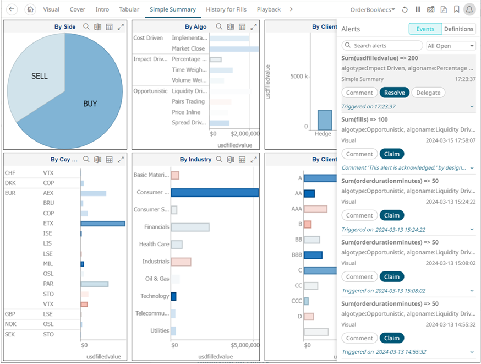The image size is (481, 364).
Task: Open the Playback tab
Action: pyautogui.click(x=269, y=9)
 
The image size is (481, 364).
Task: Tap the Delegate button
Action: pyautogui.click(x=428, y=93)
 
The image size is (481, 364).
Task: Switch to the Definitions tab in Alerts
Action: pyautogui.click(x=458, y=29)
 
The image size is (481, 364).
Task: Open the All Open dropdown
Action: pyautogui.click(x=451, y=46)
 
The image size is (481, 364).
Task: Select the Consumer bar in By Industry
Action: pyautogui.click(x=215, y=193)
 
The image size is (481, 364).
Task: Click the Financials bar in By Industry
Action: pyautogui.click(x=190, y=227)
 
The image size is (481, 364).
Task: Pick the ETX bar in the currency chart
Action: pyautogui.click(x=103, y=224)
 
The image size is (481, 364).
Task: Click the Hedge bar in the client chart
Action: pyautogui.click(x=325, y=119)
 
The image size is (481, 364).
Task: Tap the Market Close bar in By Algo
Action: pyautogui.click(x=234, y=49)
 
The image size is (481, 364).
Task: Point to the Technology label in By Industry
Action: pyautogui.click(x=155, y=296)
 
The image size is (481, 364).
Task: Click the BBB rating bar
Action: pyautogui.click(x=313, y=255)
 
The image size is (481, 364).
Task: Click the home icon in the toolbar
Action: pyautogui.click(x=31, y=9)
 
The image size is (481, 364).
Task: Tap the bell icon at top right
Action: pyautogui.click(x=469, y=9)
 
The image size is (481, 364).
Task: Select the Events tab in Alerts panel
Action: pyautogui.click(x=425, y=29)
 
